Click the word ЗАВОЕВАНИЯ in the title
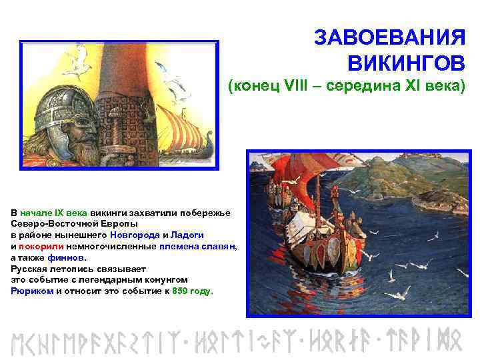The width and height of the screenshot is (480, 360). coord(389,37)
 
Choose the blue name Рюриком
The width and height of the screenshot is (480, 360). coord(32,291)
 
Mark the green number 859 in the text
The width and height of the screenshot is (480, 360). coord(181,291)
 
